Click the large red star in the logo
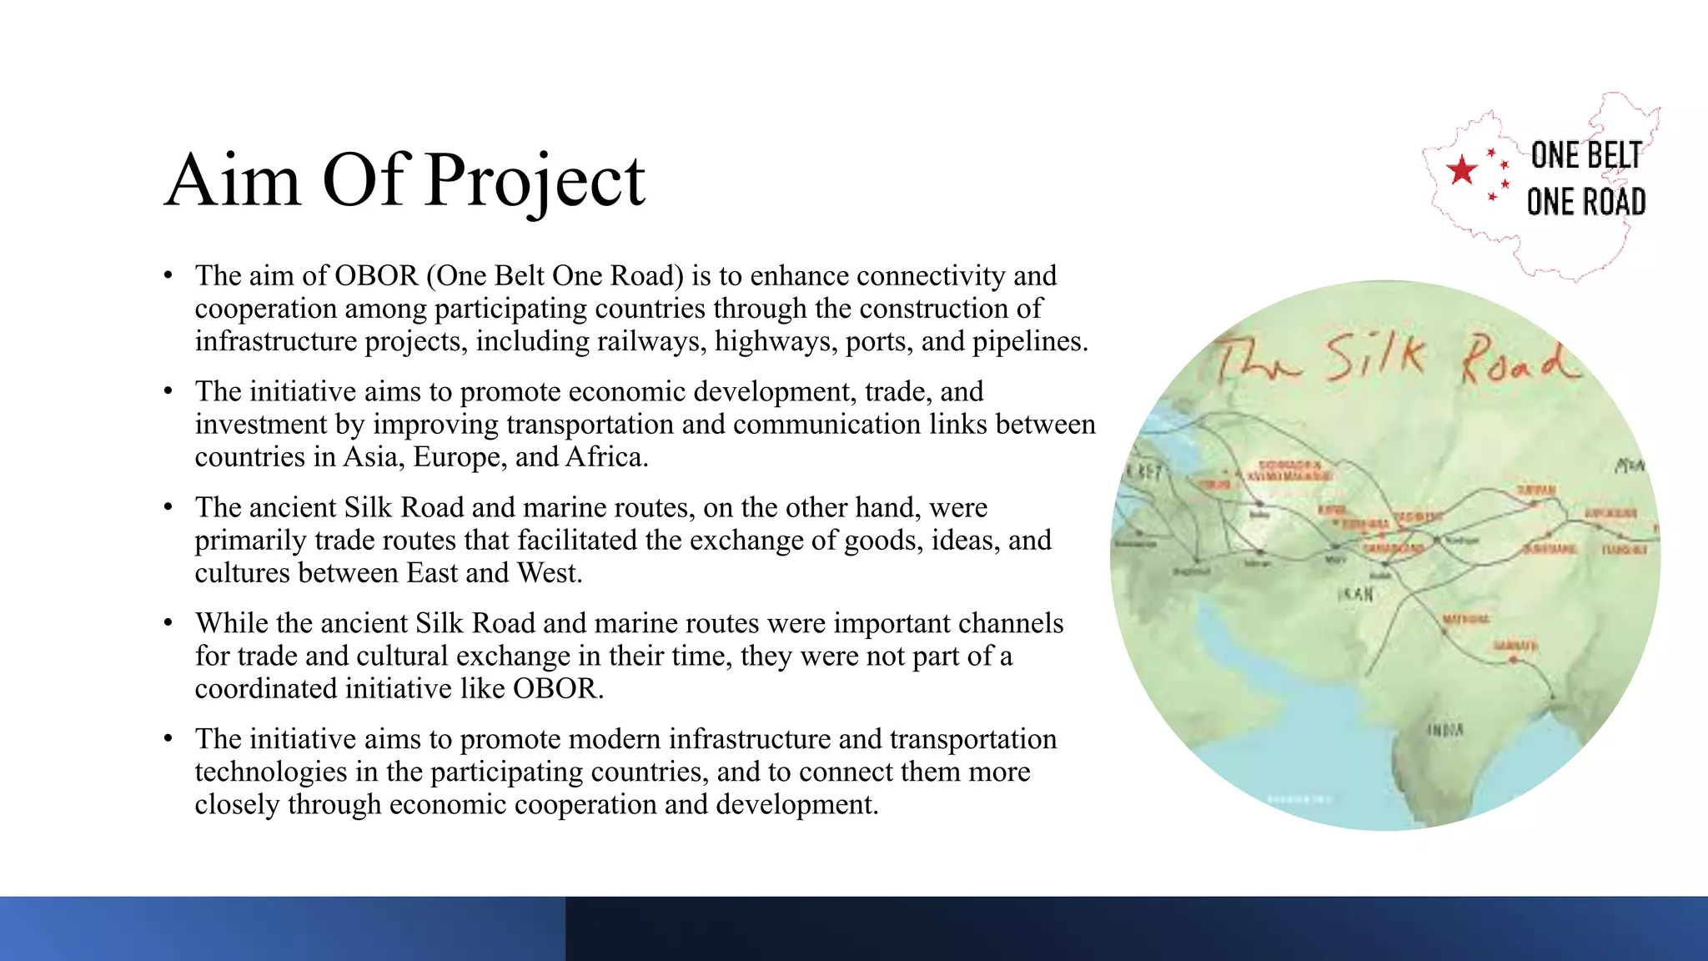point(1462,171)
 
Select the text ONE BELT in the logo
point(1585,156)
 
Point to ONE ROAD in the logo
point(1585,202)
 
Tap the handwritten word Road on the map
point(1518,360)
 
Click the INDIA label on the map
point(1444,730)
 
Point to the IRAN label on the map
point(1356,594)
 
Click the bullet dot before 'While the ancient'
point(168,623)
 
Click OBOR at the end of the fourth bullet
point(555,689)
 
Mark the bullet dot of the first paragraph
point(168,275)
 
